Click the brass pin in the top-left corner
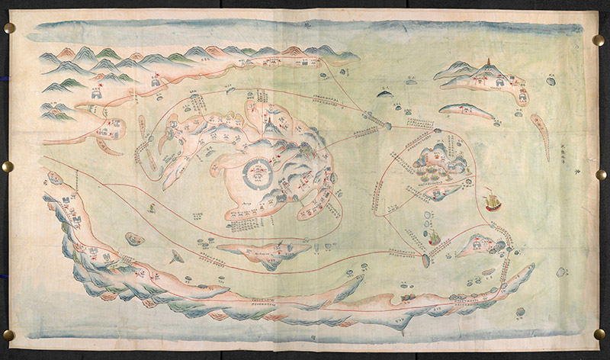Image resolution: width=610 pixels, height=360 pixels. (x=9, y=28)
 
